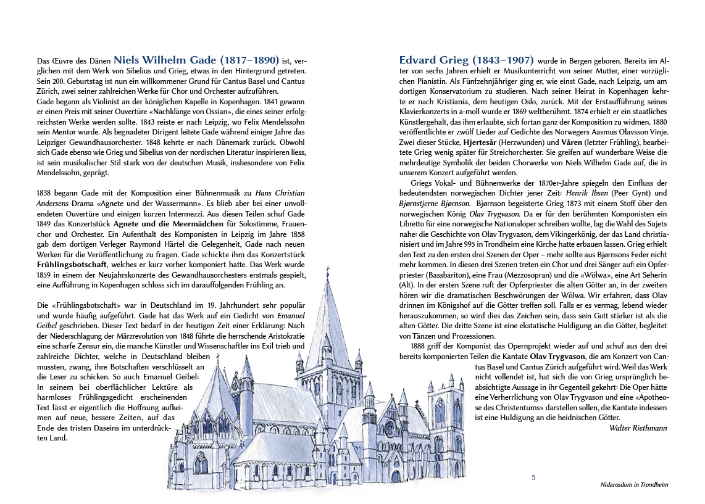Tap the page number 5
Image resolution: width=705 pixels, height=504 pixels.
pyautogui.click(x=533, y=477)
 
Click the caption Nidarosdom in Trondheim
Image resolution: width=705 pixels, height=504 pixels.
pyautogui.click(x=634, y=485)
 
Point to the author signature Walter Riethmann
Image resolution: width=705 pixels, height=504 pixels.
pyautogui.click(x=638, y=428)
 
